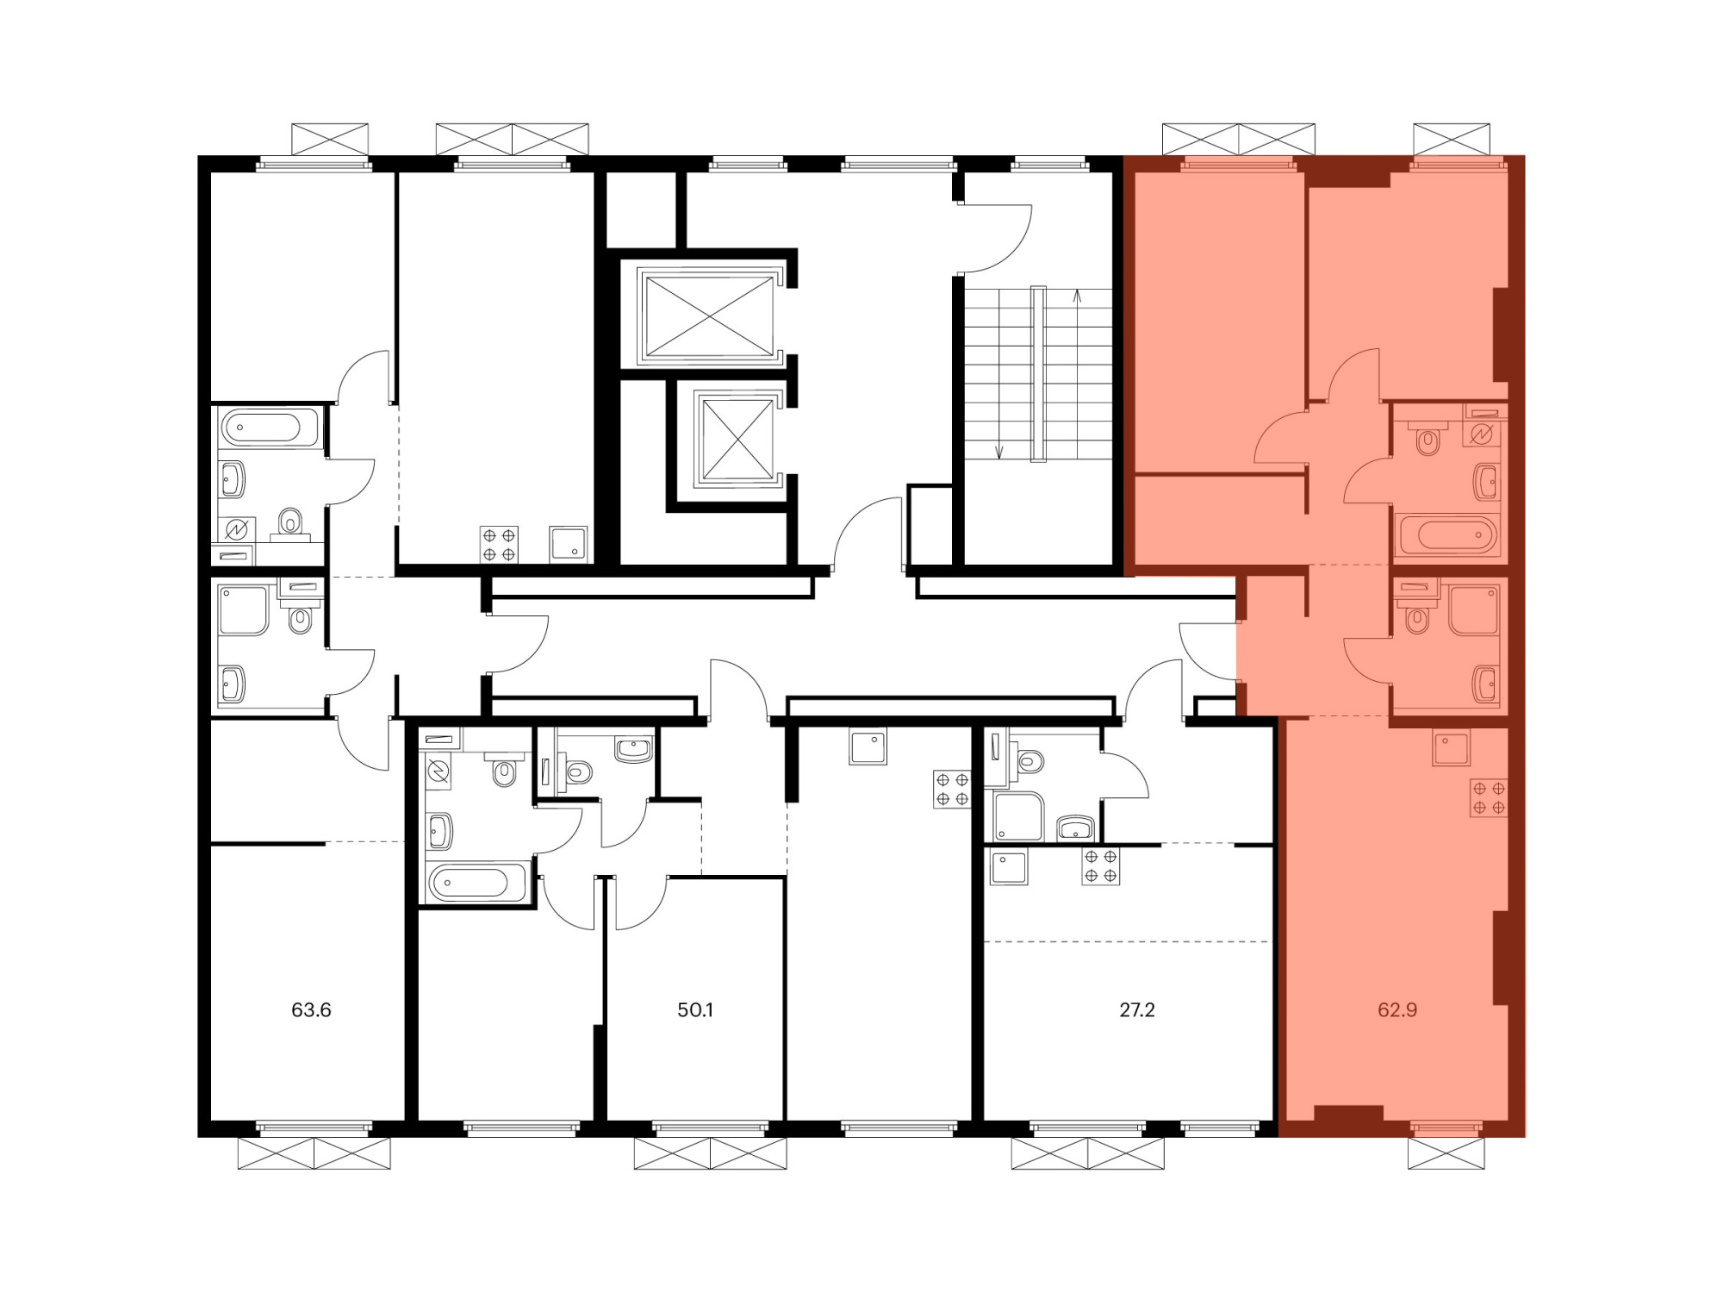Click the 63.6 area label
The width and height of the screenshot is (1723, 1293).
point(311,1009)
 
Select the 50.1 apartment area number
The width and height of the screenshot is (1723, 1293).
point(695,1009)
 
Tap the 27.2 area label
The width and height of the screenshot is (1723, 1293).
point(1137,1009)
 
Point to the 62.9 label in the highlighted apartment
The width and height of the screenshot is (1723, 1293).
point(1397,1009)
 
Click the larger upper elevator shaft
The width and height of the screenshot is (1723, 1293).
point(709,315)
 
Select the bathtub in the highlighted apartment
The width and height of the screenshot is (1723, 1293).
point(1449,534)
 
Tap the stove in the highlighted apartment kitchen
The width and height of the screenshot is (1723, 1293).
point(1489,797)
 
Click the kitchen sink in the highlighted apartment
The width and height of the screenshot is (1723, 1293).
point(1451,747)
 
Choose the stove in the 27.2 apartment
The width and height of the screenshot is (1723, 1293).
point(1101,866)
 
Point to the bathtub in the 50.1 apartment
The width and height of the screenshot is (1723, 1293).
point(479,882)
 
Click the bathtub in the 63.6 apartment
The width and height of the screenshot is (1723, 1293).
point(270,427)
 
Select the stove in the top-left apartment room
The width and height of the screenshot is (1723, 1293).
point(499,545)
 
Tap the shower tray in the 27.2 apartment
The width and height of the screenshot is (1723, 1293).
point(1018,816)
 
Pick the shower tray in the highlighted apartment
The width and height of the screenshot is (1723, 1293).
point(1474,609)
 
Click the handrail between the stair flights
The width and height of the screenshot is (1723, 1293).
point(1038,373)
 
